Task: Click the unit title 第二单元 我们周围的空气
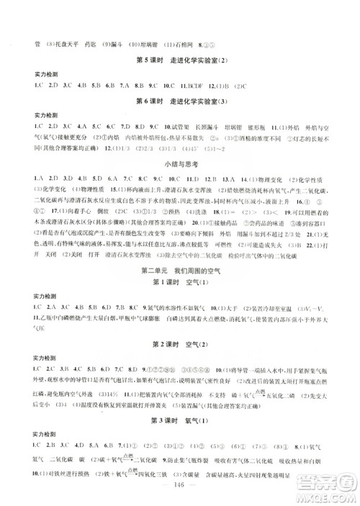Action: pyautogui.click(x=179, y=269)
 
